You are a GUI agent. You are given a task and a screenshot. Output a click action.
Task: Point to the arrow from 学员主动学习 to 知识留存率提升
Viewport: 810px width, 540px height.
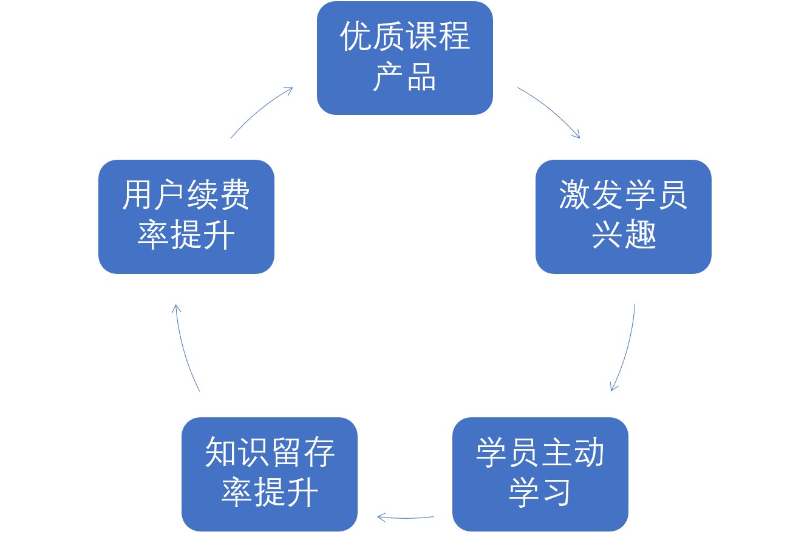pos(405,518)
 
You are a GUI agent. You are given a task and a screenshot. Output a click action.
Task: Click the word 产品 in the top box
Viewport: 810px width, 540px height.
pos(404,77)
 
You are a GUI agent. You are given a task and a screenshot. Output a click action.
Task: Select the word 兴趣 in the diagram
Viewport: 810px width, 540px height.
pos(624,234)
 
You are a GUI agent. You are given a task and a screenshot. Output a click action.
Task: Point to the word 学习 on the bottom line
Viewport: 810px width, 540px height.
pos(540,493)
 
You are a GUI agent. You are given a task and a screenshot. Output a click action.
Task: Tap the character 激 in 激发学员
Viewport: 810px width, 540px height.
pos(574,196)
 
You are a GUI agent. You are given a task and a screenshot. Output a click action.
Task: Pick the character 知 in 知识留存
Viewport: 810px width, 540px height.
pos(220,453)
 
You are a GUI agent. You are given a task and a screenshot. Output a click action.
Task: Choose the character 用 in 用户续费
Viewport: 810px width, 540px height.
pos(138,196)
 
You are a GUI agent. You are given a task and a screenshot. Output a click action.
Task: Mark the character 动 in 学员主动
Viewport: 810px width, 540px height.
pos(589,453)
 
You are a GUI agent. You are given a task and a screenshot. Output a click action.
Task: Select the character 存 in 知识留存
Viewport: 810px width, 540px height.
pos(319,453)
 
